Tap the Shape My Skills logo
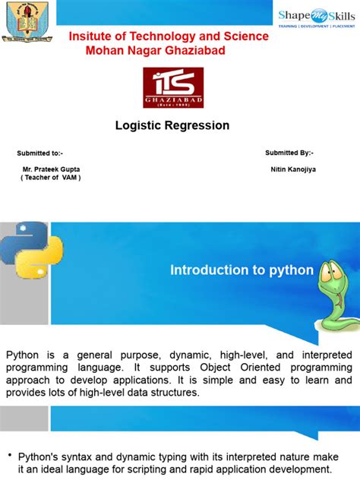317,17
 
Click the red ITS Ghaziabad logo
174,87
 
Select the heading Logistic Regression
172,125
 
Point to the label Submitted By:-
289,153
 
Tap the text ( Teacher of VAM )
51,177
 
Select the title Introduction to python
242,270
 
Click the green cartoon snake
334,292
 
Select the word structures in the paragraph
170,393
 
